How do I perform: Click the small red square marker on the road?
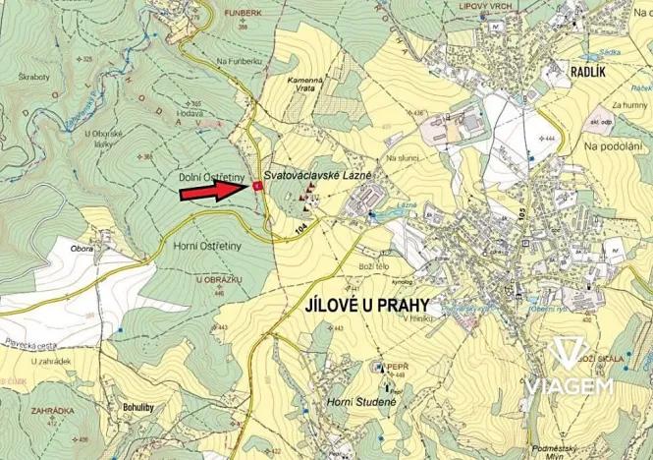click(x=257, y=185)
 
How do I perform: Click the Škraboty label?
click(x=32, y=76)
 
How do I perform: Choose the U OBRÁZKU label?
click(x=217, y=280)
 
